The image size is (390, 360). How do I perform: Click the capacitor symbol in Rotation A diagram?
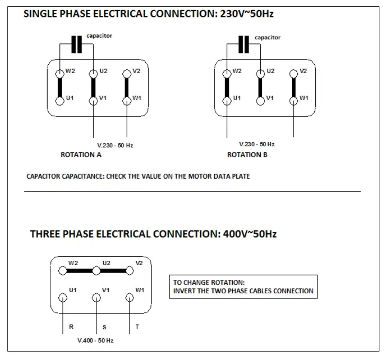(x=77, y=45)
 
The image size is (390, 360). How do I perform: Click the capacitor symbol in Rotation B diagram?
(x=243, y=45)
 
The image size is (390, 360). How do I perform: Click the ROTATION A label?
(x=81, y=155)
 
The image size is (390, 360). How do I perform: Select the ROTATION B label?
(x=247, y=155)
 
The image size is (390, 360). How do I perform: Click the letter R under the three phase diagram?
(x=71, y=327)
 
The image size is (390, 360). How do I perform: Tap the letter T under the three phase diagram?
(x=137, y=327)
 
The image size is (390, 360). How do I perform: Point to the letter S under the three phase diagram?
(x=104, y=327)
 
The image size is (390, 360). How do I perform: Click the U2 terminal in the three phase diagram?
(x=96, y=271)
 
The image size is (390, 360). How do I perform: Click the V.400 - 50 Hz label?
(x=95, y=340)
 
